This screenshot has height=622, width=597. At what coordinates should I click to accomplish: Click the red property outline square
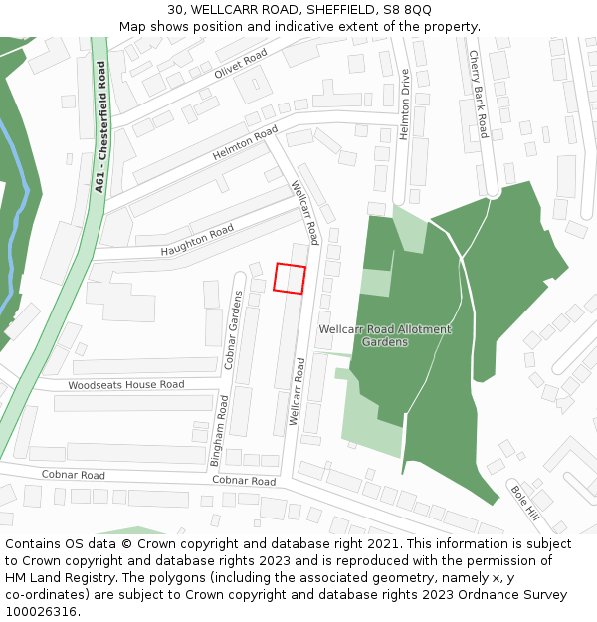point(289,278)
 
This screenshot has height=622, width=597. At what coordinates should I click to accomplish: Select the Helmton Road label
point(245,144)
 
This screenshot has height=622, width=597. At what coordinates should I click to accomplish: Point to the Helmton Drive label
point(405,104)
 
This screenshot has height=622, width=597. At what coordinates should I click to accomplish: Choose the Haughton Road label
point(197,240)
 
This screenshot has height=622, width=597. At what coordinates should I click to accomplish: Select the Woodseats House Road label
point(126,385)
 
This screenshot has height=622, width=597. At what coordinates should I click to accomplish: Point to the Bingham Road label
point(224,422)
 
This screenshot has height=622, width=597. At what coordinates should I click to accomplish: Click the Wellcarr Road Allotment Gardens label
point(384,335)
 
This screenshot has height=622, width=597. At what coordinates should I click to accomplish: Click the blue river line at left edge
point(11,249)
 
